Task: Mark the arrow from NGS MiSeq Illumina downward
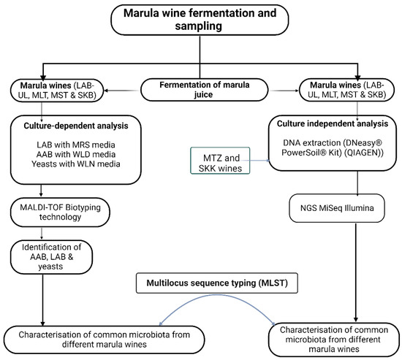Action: click(357, 274)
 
